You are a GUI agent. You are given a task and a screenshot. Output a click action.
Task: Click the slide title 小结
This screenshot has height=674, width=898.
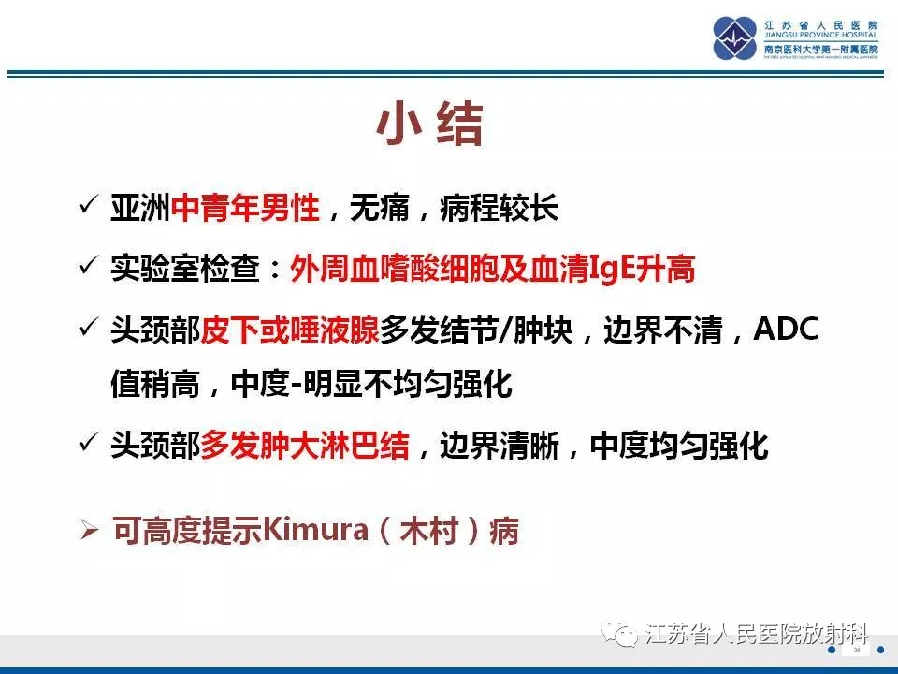click(429, 124)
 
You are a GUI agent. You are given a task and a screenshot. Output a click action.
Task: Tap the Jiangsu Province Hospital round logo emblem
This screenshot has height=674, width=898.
click(735, 37)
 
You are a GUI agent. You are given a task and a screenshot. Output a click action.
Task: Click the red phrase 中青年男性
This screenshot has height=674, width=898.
click(245, 208)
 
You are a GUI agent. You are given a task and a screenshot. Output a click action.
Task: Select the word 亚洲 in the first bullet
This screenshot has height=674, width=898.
click(141, 208)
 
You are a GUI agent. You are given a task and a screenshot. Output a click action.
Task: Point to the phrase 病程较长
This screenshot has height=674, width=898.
click(499, 208)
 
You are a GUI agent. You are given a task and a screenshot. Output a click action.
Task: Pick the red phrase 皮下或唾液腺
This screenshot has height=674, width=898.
click(290, 330)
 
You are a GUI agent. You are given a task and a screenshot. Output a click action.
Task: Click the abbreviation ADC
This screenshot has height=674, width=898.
click(786, 329)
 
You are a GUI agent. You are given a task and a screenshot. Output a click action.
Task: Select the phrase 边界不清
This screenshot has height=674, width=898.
click(662, 330)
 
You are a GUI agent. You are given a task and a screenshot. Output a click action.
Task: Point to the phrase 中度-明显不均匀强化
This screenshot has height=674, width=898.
click(371, 384)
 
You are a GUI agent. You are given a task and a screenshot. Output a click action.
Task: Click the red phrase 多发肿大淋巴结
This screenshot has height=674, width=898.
click(305, 446)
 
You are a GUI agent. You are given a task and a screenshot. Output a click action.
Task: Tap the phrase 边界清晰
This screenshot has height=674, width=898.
click(499, 446)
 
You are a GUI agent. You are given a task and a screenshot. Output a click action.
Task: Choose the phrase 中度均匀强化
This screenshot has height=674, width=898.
click(679, 446)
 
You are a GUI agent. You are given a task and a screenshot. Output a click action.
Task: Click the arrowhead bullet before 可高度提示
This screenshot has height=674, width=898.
click(90, 529)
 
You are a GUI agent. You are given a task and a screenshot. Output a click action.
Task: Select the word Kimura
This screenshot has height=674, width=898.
click(315, 529)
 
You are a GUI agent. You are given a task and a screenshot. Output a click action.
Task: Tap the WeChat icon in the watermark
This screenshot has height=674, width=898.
click(619, 635)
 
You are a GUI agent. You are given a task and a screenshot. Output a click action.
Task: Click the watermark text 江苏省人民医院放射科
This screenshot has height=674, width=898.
click(757, 635)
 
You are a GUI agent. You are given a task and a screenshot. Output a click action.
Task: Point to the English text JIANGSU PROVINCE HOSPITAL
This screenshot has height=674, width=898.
click(820, 35)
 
